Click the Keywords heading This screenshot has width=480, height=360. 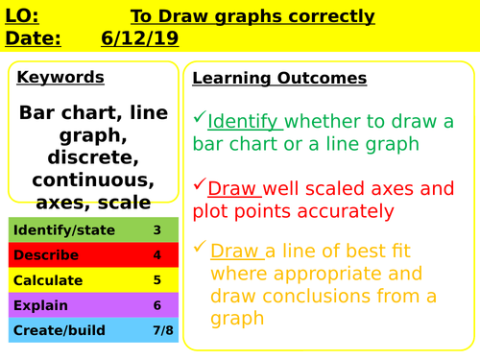point(60,78)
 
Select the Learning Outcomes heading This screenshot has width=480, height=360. point(279,78)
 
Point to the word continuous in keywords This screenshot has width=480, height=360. point(93,180)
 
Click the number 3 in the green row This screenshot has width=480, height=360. point(156,230)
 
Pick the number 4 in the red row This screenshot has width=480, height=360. point(156,255)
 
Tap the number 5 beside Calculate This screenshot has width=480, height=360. point(156,280)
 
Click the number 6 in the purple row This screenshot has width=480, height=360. point(156,305)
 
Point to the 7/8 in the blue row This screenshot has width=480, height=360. point(156,330)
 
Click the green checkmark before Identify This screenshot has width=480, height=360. point(199,118)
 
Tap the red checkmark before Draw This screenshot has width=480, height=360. point(199,183)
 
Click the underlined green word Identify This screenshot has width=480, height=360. point(244,122)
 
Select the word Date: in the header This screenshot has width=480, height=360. point(33,37)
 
